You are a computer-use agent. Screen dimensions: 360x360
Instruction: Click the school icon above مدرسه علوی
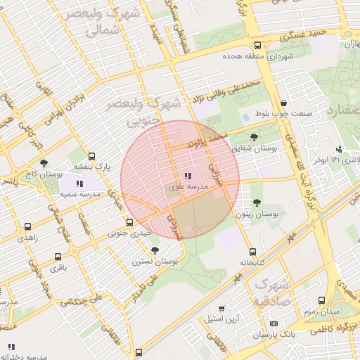point(188,176)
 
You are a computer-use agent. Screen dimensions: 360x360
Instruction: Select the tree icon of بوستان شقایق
point(253,137)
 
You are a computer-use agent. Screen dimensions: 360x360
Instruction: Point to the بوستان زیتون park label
point(259,212)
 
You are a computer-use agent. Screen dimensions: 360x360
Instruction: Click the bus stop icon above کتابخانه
point(252,251)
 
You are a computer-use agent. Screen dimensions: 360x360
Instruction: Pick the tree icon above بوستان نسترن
point(155,250)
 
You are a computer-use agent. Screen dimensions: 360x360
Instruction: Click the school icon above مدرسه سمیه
point(89,184)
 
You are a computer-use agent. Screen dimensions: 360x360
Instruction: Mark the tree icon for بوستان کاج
point(44,163)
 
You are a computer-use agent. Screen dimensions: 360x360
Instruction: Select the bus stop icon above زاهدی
point(27,226)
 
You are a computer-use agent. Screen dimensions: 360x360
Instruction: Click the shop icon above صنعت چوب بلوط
point(283,103)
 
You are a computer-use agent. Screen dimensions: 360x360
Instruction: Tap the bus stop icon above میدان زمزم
point(321,300)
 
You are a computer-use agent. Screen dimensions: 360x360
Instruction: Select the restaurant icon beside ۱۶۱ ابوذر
point(340,149)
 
